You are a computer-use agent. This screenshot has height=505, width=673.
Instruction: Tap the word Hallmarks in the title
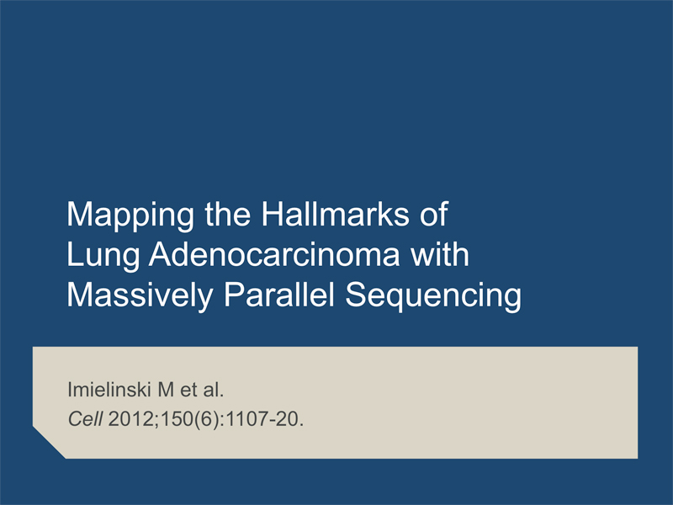(x=336, y=214)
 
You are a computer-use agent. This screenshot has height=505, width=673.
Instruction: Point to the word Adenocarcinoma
(x=274, y=254)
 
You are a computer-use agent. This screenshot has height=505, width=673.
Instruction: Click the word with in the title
(x=439, y=254)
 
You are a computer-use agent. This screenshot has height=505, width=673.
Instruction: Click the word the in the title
(x=227, y=214)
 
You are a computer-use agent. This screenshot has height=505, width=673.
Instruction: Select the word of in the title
(x=434, y=214)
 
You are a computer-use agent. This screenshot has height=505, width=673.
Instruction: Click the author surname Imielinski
(x=109, y=390)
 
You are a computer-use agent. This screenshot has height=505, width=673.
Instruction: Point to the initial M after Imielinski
(x=166, y=390)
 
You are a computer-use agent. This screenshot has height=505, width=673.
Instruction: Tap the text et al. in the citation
(x=202, y=390)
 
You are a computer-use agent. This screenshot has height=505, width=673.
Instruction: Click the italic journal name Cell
(x=85, y=418)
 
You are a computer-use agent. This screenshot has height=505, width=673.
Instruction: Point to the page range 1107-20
(x=263, y=418)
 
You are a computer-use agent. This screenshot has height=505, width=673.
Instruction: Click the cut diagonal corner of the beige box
(x=49, y=443)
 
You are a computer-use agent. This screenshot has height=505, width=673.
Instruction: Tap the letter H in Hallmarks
(x=271, y=214)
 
